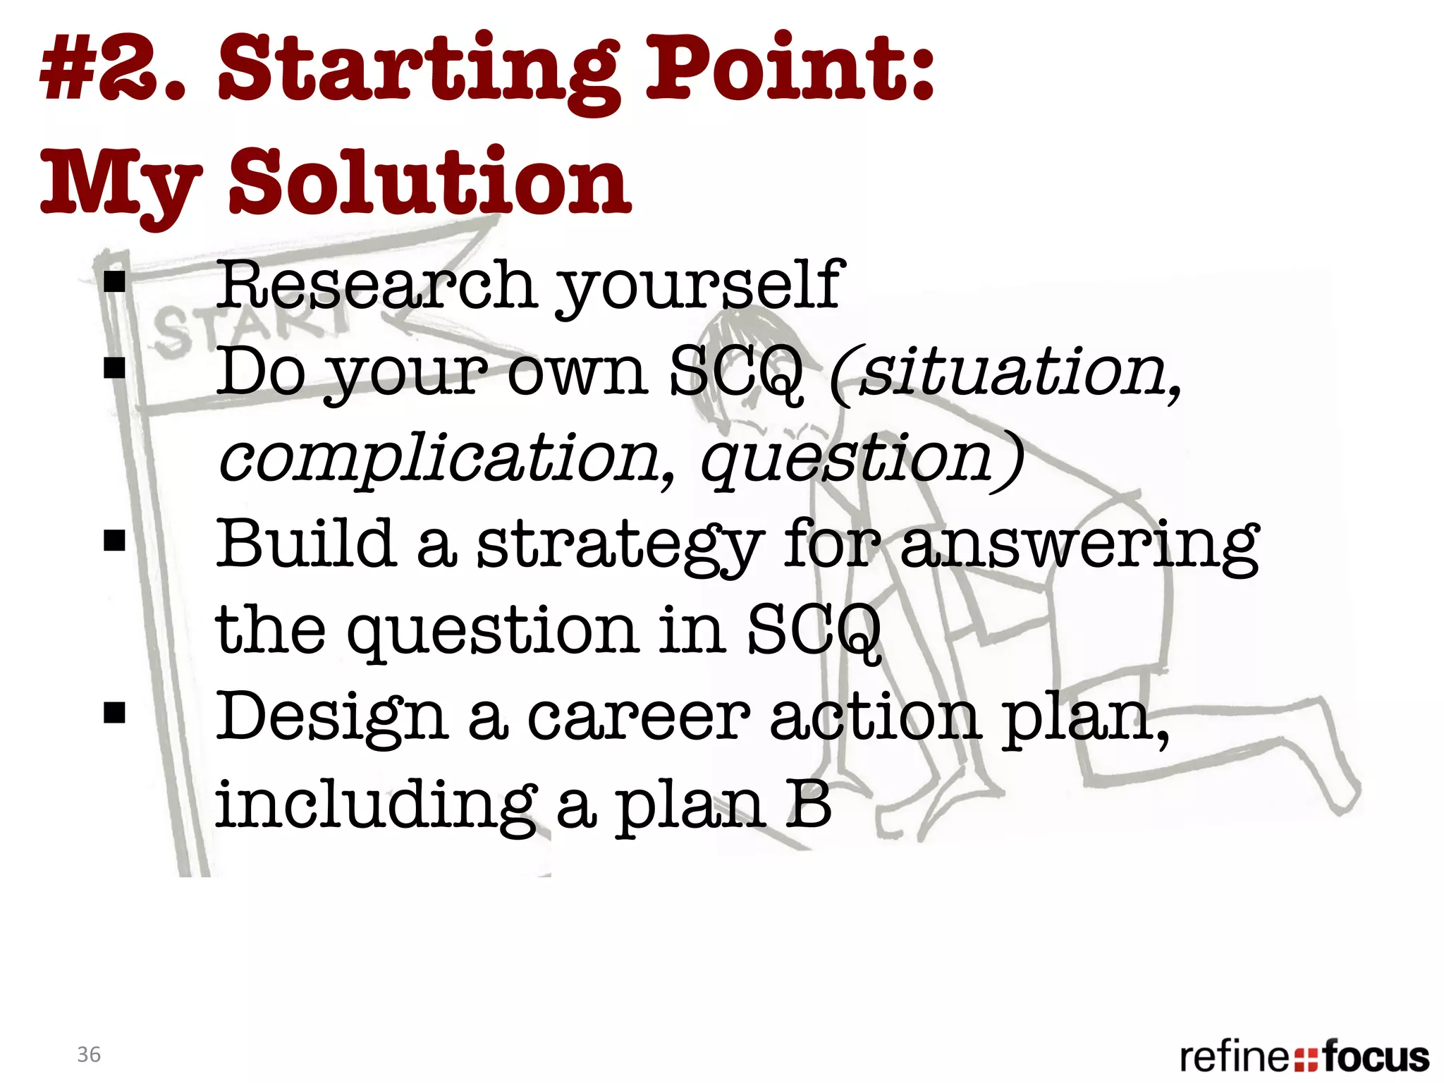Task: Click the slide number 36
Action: [x=89, y=1054]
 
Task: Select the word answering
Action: [x=1079, y=546]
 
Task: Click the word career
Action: [x=639, y=717]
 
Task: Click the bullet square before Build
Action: [x=114, y=541]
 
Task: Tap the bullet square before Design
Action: [x=114, y=713]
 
